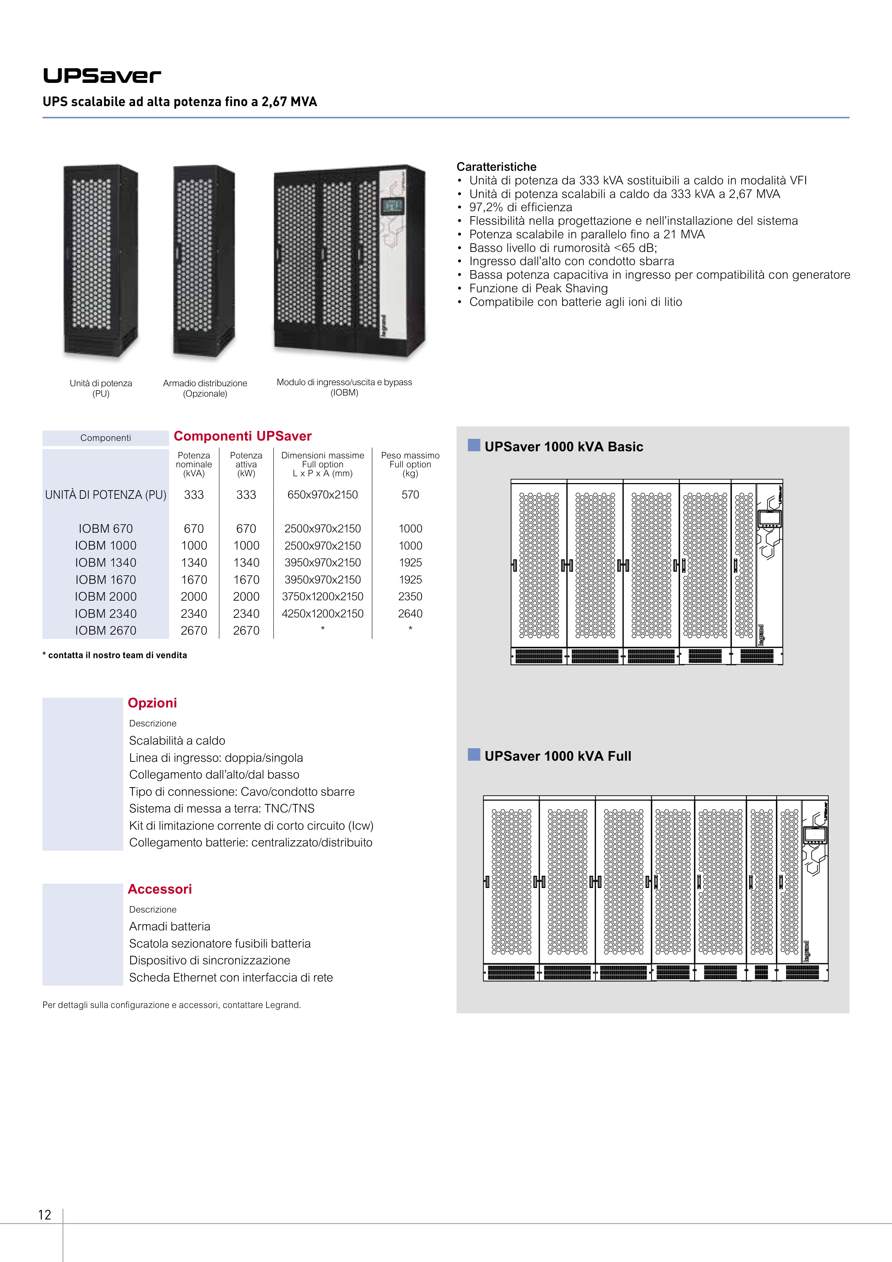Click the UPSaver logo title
(102, 76)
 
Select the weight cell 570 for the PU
(410, 495)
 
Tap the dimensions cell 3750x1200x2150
(323, 596)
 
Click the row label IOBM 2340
(105, 613)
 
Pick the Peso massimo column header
(410, 464)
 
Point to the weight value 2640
(410, 613)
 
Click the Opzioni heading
(152, 703)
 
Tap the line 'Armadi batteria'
(169, 926)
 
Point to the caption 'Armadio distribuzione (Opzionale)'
(205, 388)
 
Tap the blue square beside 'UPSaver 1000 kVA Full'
(474, 754)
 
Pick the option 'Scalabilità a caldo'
(177, 740)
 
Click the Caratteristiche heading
(496, 167)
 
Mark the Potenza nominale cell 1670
(194, 579)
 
